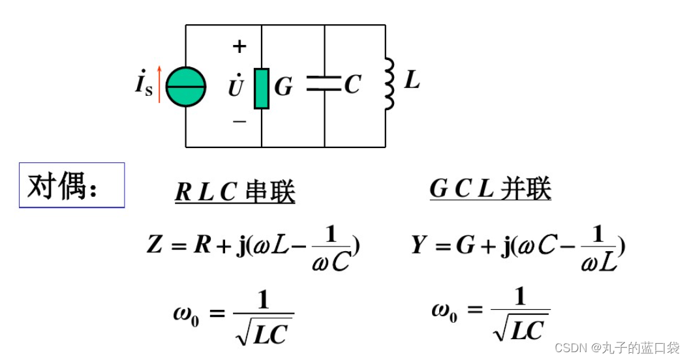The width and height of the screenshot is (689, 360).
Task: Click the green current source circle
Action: pyautogui.click(x=186, y=87)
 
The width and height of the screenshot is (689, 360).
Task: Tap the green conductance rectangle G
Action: pyautogui.click(x=262, y=87)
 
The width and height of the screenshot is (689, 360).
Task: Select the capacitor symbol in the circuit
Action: pyautogui.click(x=324, y=83)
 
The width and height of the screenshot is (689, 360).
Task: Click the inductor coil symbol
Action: pyautogui.click(x=389, y=83)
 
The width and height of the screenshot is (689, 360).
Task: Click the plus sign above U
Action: pyautogui.click(x=239, y=46)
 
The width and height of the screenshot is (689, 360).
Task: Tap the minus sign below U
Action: pyautogui.click(x=239, y=121)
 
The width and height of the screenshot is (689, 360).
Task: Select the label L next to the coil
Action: pyautogui.click(x=412, y=81)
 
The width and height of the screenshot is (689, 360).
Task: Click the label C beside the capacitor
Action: pyautogui.click(x=352, y=84)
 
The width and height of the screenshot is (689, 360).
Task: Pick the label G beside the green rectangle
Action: pyautogui.click(x=283, y=87)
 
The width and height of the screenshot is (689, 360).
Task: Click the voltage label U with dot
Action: pyautogui.click(x=236, y=85)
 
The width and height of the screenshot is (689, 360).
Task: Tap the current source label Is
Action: pyautogui.click(x=144, y=85)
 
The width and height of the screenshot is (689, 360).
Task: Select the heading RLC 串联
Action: pyautogui.click(x=235, y=192)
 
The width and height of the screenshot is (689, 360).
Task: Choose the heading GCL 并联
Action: pyautogui.click(x=490, y=189)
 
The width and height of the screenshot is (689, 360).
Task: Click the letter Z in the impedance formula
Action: pyautogui.click(x=155, y=246)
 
